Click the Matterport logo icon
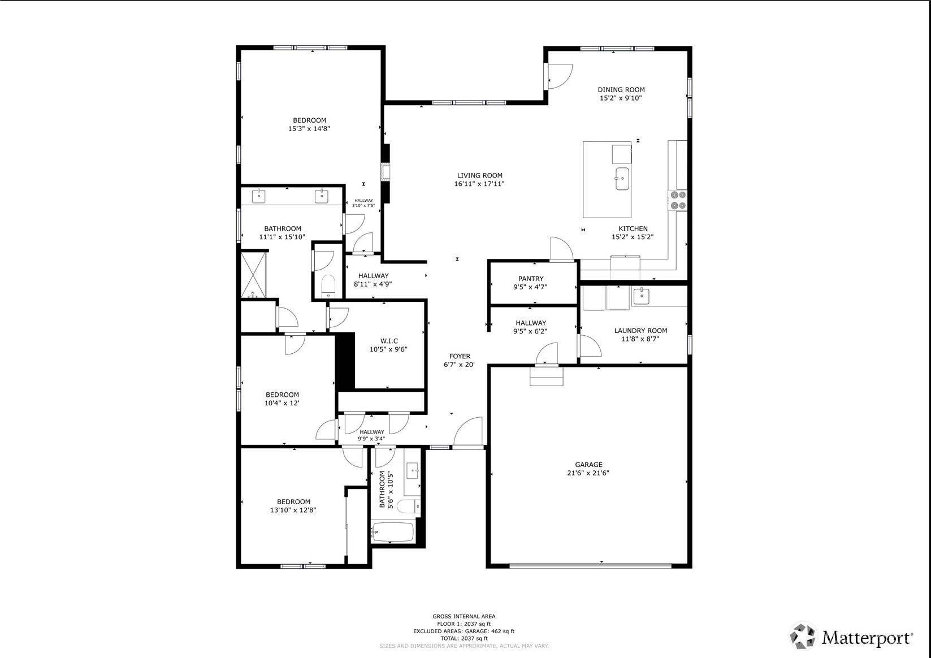(804, 636)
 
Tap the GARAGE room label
(588, 464)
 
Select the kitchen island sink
(622, 179)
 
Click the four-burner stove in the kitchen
(677, 200)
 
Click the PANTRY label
(531, 279)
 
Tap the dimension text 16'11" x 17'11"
(479, 184)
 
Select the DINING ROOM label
(621, 89)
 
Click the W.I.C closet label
(389, 341)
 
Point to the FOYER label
(460, 356)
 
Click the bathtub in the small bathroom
(393, 531)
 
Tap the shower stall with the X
(254, 275)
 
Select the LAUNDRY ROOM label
(640, 331)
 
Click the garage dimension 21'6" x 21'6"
(588, 473)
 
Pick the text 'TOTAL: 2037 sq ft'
(464, 638)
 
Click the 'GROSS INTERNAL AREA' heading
(464, 616)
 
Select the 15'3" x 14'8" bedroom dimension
(309, 129)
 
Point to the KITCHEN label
(633, 228)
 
